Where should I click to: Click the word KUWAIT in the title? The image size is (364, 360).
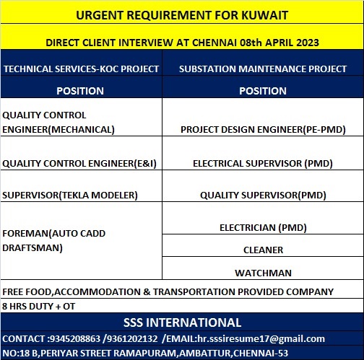coord(264,15)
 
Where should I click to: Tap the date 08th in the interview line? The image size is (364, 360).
coord(251,43)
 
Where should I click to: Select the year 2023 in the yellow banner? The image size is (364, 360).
coord(308,43)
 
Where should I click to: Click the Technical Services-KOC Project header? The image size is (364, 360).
coord(81,69)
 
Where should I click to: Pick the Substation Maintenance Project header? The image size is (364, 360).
coord(263,69)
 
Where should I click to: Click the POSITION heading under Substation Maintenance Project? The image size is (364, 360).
coord(263,91)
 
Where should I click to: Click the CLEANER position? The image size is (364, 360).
coord(264,250)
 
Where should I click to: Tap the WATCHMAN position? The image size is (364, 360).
coord(264,273)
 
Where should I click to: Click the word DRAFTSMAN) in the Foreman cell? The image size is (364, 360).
coord(32,248)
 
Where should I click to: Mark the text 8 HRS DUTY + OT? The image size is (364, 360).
coord(39,306)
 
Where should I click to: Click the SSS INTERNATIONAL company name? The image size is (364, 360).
coord(182,322)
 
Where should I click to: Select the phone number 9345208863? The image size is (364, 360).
coord(75,338)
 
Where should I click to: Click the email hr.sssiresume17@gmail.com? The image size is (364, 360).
coord(261,339)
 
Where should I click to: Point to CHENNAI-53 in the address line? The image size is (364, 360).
coord(261,353)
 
